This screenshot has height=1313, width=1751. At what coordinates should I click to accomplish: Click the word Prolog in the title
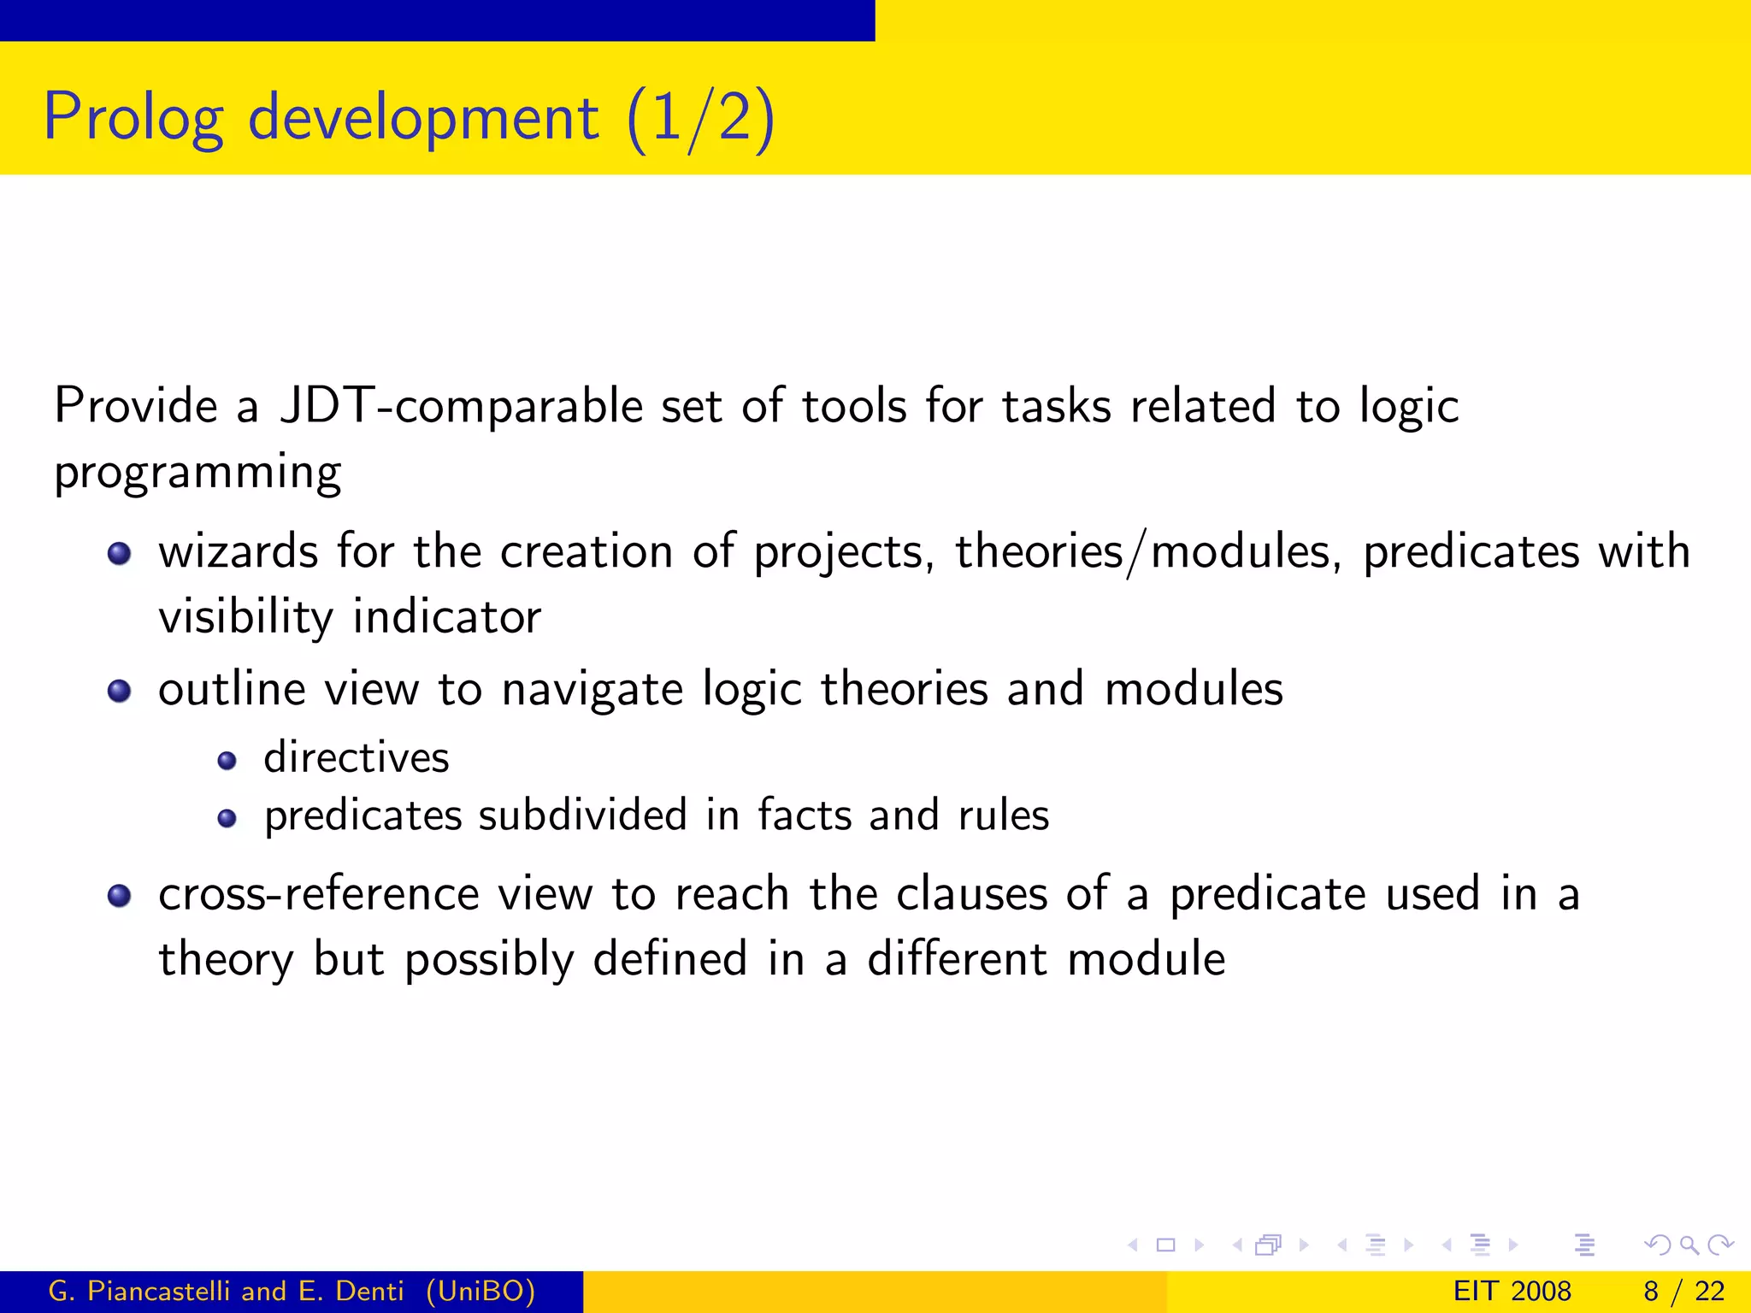133,118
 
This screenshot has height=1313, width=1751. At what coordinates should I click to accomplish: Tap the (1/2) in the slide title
700,118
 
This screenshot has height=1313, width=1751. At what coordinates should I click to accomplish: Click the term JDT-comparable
461,405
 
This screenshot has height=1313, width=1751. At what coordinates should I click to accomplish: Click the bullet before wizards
119,554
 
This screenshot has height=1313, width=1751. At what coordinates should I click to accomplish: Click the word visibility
245,617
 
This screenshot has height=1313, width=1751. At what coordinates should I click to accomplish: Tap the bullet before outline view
119,691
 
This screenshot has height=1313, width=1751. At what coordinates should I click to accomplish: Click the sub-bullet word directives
356,758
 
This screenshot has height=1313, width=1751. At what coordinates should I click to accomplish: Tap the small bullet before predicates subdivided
227,819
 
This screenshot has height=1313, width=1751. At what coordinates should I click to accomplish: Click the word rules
1004,815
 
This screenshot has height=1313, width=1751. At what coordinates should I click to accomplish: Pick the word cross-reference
318,895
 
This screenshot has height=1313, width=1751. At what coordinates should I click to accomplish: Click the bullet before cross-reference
119,896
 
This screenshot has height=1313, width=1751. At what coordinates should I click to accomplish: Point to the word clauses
971,895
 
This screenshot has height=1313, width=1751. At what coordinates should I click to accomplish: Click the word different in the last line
957,959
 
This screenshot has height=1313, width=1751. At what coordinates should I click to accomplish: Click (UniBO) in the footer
480,1291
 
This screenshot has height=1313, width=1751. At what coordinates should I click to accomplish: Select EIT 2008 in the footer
1512,1291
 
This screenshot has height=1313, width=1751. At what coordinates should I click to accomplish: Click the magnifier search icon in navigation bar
1689,1245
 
